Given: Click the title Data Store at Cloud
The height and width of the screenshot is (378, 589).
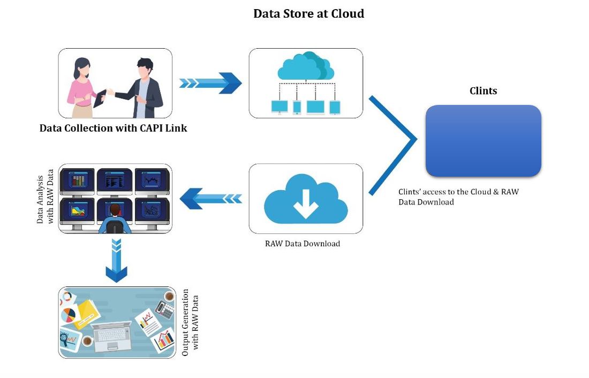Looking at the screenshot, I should click(308, 14).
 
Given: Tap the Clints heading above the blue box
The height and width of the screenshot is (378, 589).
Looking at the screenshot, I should click(483, 91).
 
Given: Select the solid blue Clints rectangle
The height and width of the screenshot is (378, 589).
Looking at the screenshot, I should click(483, 141).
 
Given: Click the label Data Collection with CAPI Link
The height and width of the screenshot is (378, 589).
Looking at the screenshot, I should click(113, 128).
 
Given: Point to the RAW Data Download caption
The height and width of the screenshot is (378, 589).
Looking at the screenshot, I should click(302, 244).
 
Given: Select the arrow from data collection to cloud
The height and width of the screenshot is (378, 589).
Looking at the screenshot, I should click(210, 83).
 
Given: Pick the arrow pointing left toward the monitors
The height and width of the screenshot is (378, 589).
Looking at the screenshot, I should click(210, 199).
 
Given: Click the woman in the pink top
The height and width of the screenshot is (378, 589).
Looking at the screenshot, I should click(82, 86).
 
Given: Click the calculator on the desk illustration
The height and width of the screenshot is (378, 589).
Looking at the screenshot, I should click(164, 308).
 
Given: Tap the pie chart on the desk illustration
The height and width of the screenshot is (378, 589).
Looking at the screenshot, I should click(68, 315).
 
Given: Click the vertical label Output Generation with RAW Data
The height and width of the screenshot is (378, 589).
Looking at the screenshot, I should click(190, 322).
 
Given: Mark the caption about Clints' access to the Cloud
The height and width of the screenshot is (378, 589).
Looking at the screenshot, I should click(458, 196).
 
